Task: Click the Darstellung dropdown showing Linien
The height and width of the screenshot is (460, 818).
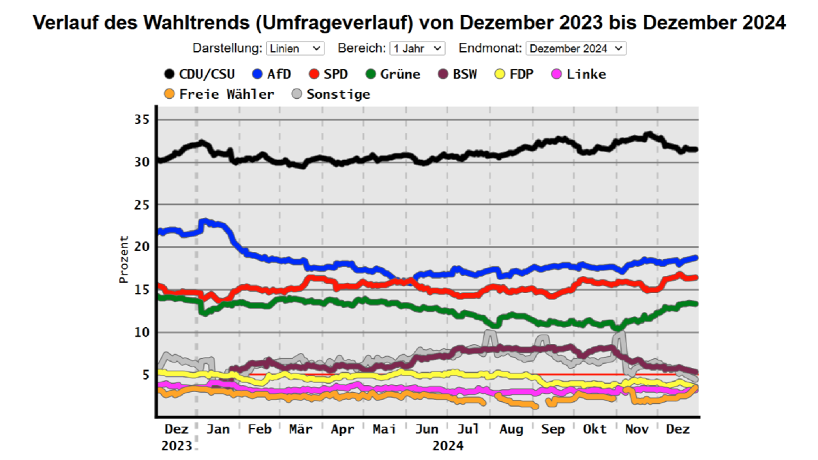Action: click(x=295, y=48)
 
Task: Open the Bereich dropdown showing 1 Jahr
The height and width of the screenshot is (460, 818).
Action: click(x=417, y=48)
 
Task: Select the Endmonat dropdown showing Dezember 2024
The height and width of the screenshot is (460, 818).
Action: click(x=576, y=48)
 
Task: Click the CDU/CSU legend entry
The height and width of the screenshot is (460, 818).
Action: click(x=199, y=74)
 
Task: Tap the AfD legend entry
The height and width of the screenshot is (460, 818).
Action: click(x=271, y=74)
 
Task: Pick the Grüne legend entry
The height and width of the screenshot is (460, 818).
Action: click(x=393, y=74)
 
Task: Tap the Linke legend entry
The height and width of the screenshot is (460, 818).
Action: click(x=578, y=74)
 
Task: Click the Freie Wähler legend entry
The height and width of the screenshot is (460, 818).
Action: click(x=219, y=94)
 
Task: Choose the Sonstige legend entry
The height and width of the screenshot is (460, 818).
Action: click(x=331, y=94)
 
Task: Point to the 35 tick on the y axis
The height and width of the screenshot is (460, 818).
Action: click(x=141, y=120)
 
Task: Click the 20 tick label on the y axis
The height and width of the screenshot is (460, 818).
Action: click(x=141, y=247)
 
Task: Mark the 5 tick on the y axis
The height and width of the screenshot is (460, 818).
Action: click(x=145, y=374)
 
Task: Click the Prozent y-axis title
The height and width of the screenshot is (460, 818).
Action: click(x=124, y=259)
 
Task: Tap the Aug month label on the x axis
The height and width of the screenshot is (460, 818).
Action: click(x=511, y=429)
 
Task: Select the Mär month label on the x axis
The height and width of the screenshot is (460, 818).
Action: click(x=301, y=429)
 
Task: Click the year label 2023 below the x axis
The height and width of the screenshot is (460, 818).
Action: click(x=177, y=446)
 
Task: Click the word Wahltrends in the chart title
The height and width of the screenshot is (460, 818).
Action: click(x=196, y=23)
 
